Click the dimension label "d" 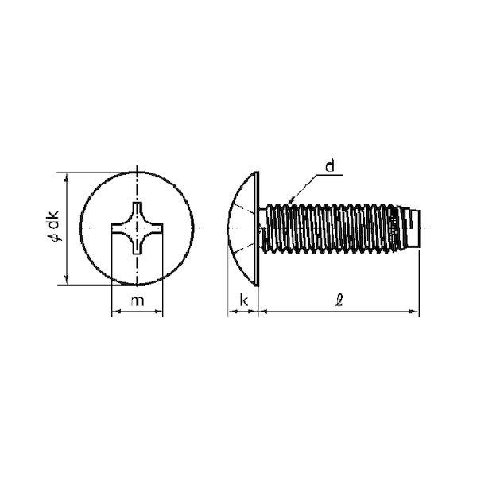[330, 166]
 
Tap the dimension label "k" [244, 301]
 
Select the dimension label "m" [138, 301]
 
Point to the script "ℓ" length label [339, 301]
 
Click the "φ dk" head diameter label [54, 226]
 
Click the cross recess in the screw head [138, 228]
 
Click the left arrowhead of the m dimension [116, 312]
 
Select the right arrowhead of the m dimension [158, 312]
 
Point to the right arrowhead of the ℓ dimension [414, 312]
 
